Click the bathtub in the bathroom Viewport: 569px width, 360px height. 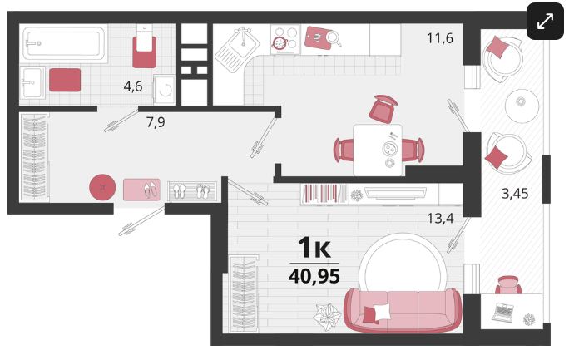pos(64,44)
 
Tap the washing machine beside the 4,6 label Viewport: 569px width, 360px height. pos(165,90)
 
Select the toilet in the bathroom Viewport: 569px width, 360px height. pos(145,47)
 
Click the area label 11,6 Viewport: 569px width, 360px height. pos(440,37)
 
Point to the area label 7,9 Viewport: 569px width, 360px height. pos(156,122)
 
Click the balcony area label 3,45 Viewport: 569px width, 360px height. pos(515,194)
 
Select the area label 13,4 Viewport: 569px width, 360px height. pos(440,219)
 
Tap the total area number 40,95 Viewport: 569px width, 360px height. pos(314,276)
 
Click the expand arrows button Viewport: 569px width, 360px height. pos(545,21)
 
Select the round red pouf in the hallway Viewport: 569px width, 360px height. pos(102,187)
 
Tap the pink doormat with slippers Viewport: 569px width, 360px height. pos(141,190)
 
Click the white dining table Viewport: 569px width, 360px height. pos(378,150)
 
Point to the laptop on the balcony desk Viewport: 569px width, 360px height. pos(503,312)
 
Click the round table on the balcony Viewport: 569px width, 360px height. pos(522,106)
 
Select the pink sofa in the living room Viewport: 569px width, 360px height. pos(403,310)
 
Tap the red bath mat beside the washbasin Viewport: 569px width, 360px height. pos(65,80)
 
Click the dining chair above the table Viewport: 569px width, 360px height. pos(383,109)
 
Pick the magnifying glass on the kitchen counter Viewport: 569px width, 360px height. pos(334,38)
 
